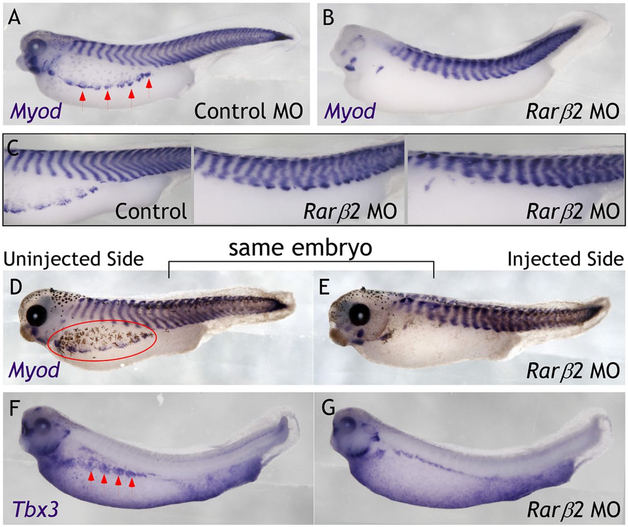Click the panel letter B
tap(328, 18)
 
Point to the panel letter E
tap(324, 287)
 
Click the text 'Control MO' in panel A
tap(248, 111)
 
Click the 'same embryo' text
tap(301, 248)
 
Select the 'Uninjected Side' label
tap(74, 258)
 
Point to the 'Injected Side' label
tap(565, 258)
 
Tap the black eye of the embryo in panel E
tap(361, 313)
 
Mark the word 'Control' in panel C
tap(151, 211)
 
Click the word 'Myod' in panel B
tap(349, 111)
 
